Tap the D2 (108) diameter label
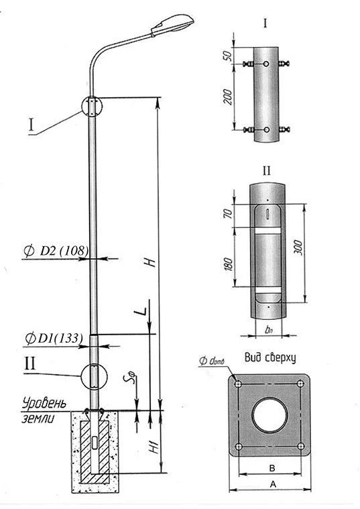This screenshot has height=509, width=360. tap(56, 251)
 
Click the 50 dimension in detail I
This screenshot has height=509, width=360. tap(228, 56)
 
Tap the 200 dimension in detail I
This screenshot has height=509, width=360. tap(228, 97)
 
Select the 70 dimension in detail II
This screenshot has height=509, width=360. tap(228, 213)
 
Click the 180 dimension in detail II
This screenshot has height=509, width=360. tap(228, 264)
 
